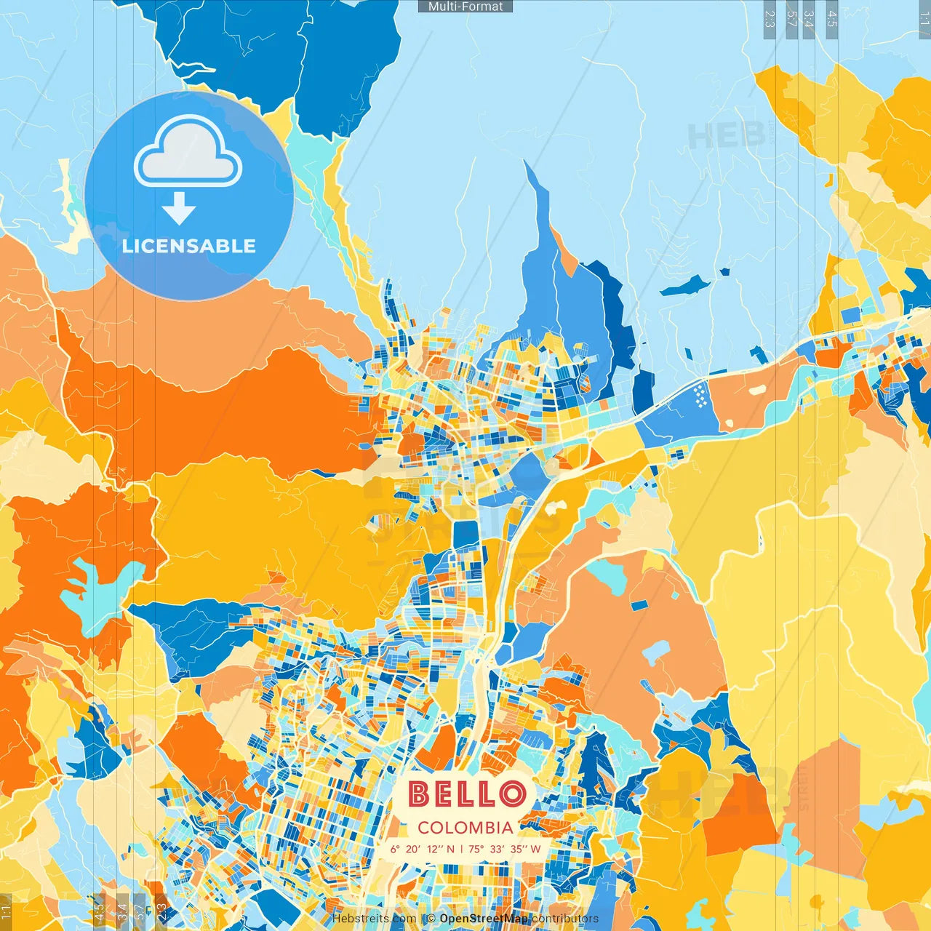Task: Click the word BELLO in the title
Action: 466,794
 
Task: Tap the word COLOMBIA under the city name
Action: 465,828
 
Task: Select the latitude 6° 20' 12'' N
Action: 423,849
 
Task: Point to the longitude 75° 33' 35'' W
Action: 505,849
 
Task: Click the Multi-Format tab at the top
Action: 465,7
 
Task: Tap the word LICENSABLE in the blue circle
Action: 189,246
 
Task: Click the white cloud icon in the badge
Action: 188,153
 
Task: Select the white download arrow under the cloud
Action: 179,209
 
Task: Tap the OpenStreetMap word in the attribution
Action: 483,919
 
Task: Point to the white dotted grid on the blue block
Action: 700,396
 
